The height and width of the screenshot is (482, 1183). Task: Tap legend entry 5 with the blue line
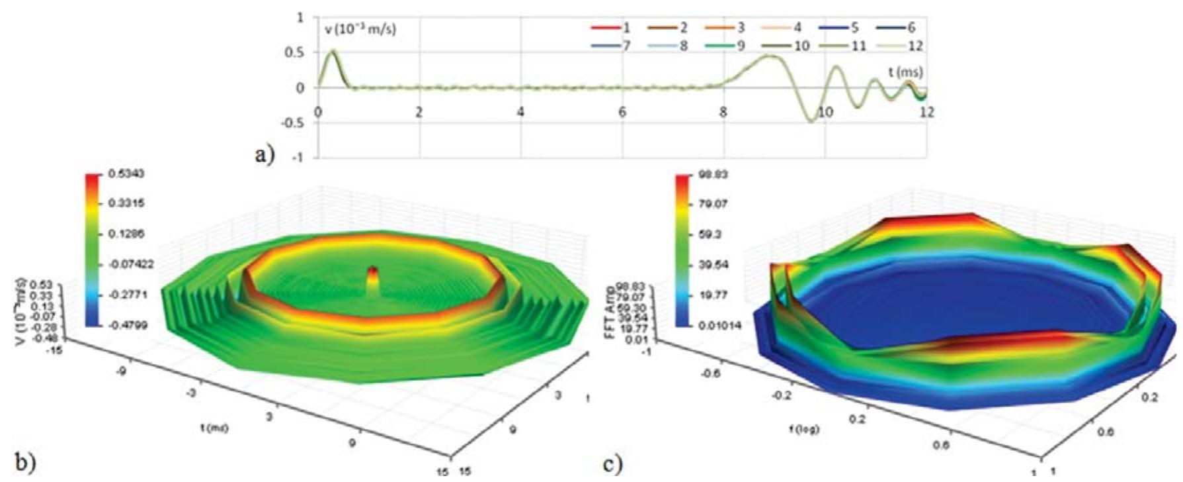[x=842, y=28]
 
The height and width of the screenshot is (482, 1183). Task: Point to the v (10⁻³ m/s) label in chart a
[x=360, y=30]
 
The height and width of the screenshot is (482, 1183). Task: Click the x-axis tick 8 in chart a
[x=723, y=112]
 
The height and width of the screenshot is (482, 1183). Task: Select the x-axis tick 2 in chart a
[x=419, y=112]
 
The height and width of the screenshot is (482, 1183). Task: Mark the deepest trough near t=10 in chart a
[x=810, y=121]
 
